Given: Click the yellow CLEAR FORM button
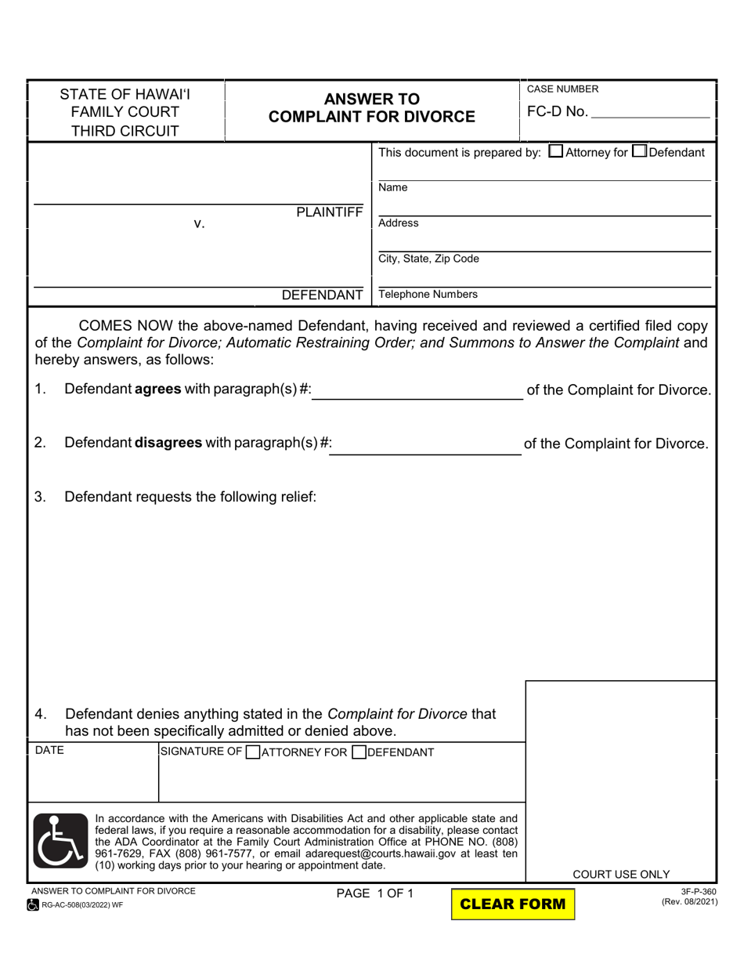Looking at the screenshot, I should coord(513,904).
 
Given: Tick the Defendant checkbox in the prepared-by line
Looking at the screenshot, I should coord(638,152).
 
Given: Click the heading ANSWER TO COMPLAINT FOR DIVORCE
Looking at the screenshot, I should coord(372,108).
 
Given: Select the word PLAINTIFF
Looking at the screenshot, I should coord(329,212).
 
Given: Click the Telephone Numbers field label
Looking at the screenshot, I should coord(428,295).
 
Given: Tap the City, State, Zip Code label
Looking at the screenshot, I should coord(428,259).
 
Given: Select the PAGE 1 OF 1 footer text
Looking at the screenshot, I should coord(374,893).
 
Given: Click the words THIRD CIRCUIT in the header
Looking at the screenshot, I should coord(125,131).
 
